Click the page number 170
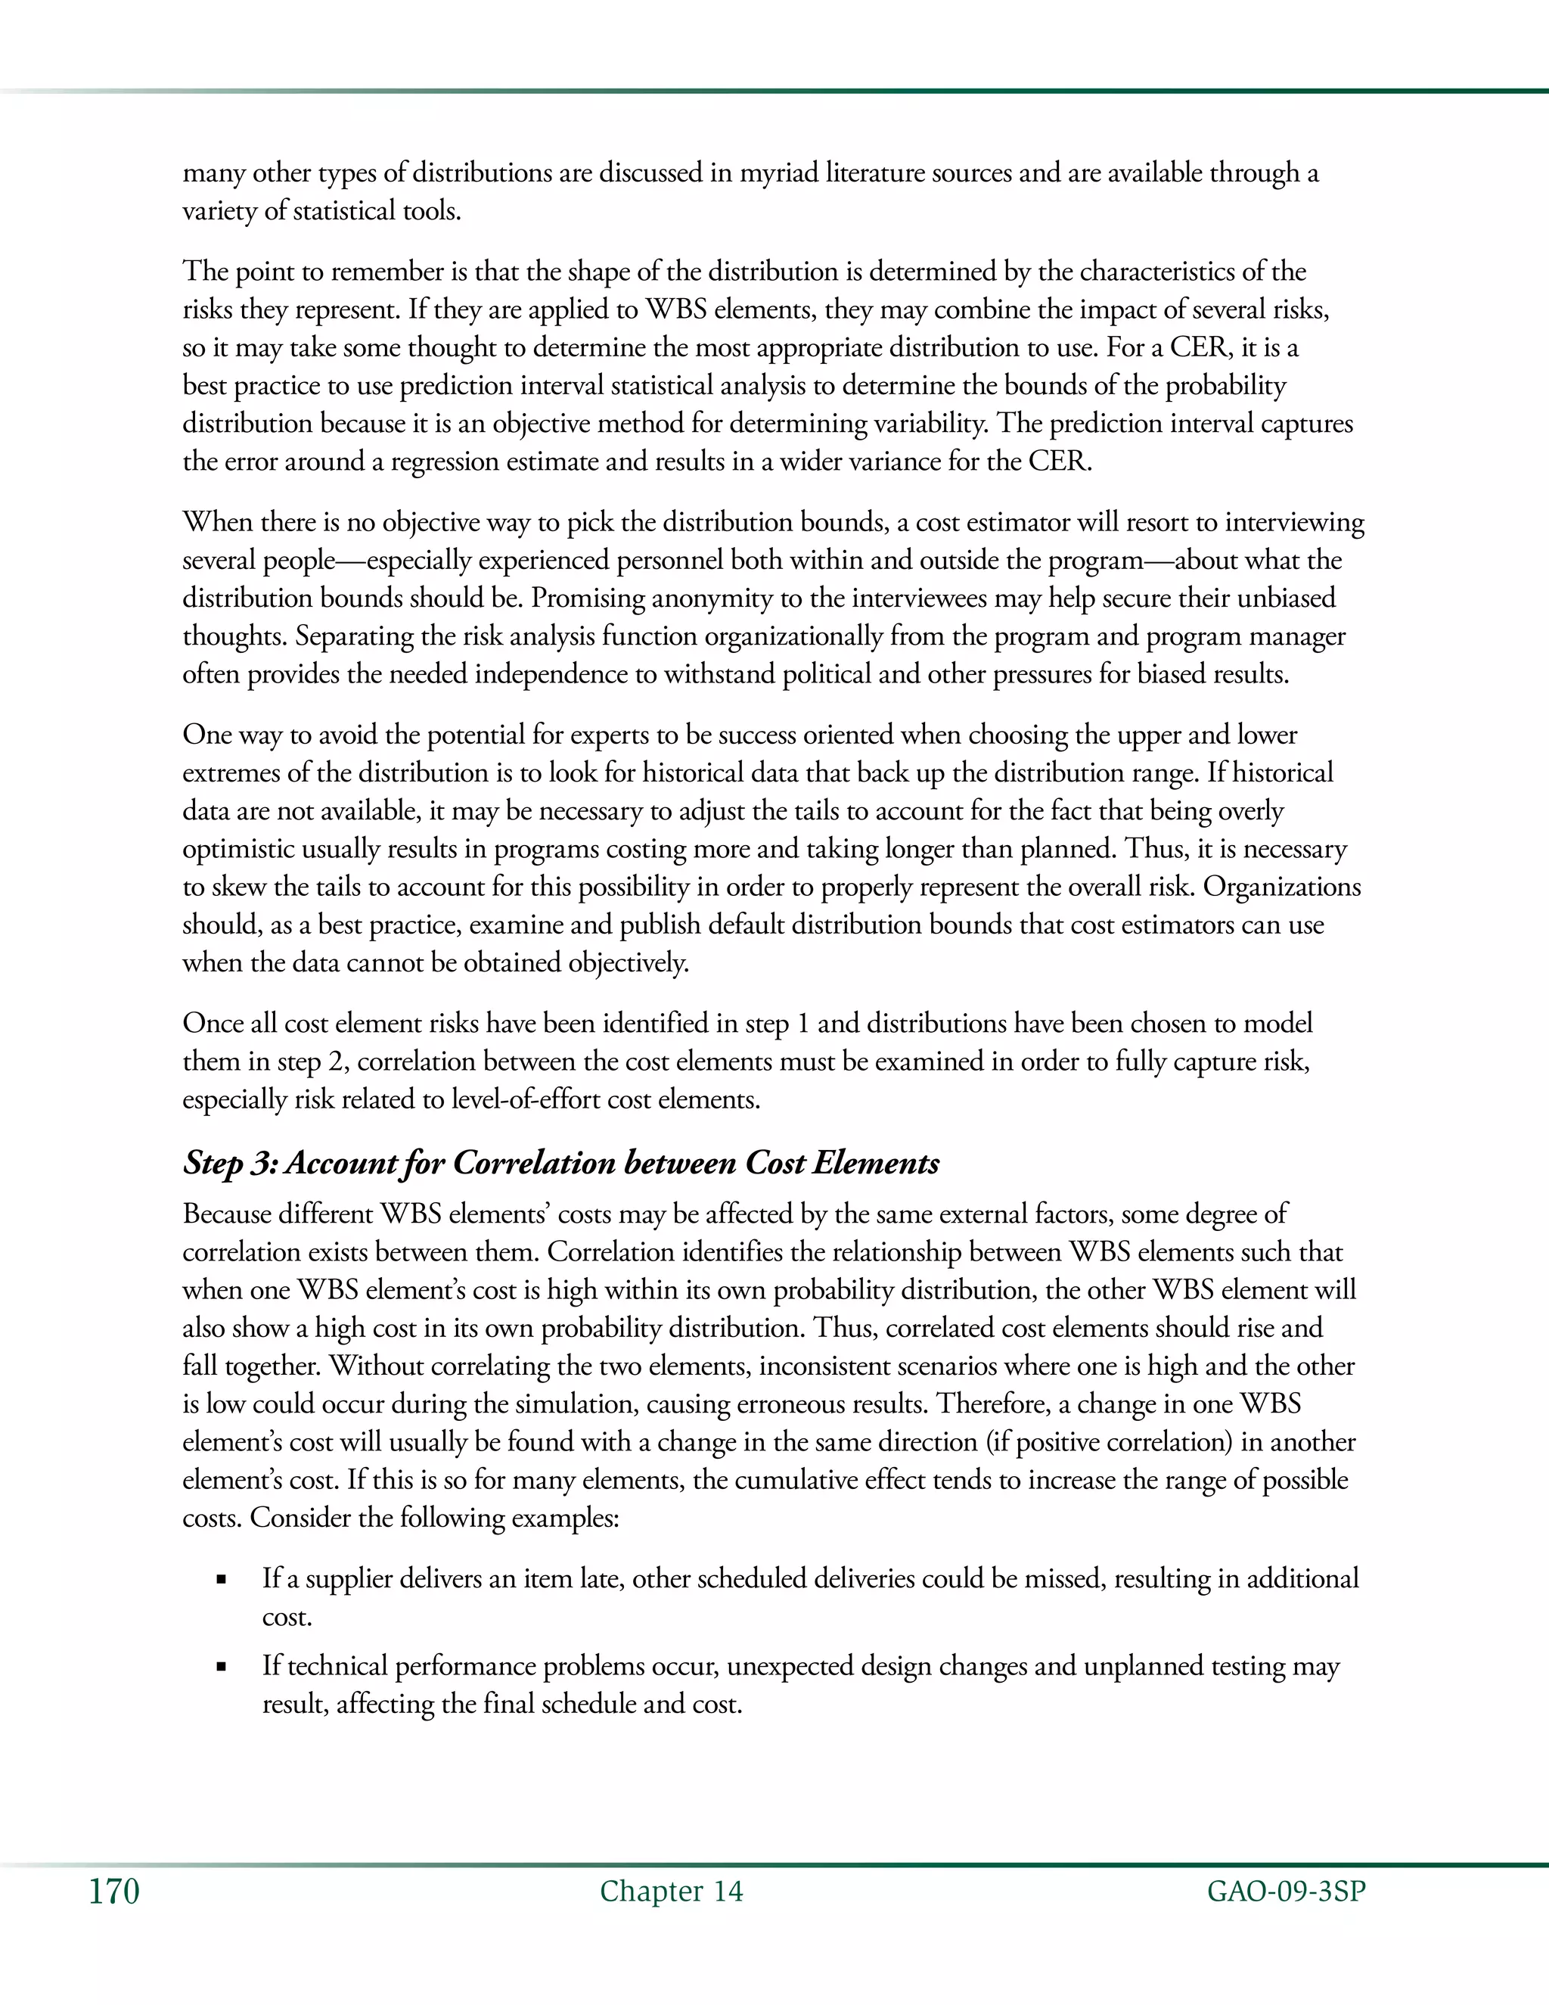tap(113, 1892)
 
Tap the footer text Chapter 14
tap(671, 1892)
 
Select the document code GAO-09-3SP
tap(1287, 1892)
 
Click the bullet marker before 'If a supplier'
tap(221, 1581)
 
